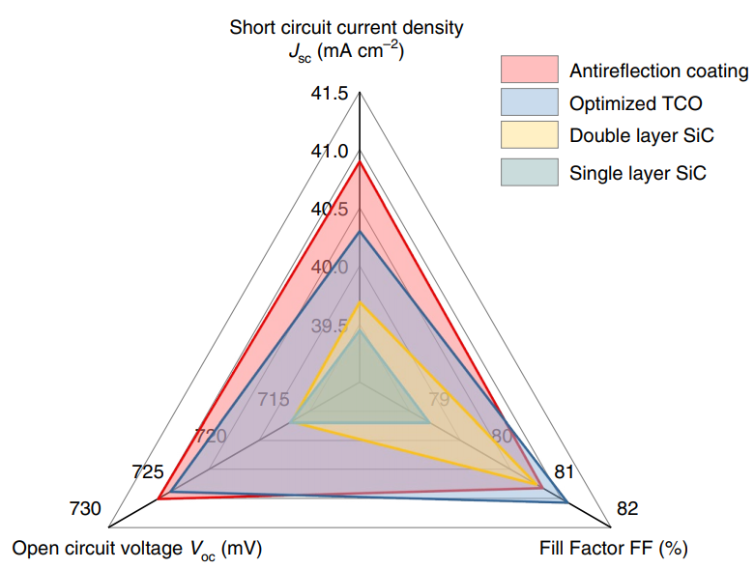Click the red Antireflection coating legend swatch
pos(530,70)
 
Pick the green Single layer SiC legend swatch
pos(530,173)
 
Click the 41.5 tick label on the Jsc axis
pos(330,94)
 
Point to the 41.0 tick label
pos(330,152)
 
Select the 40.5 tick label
pos(330,210)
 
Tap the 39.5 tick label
pos(330,326)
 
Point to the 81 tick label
pos(565,473)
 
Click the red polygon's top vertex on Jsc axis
pos(360,162)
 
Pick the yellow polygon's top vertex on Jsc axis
pos(360,302)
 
